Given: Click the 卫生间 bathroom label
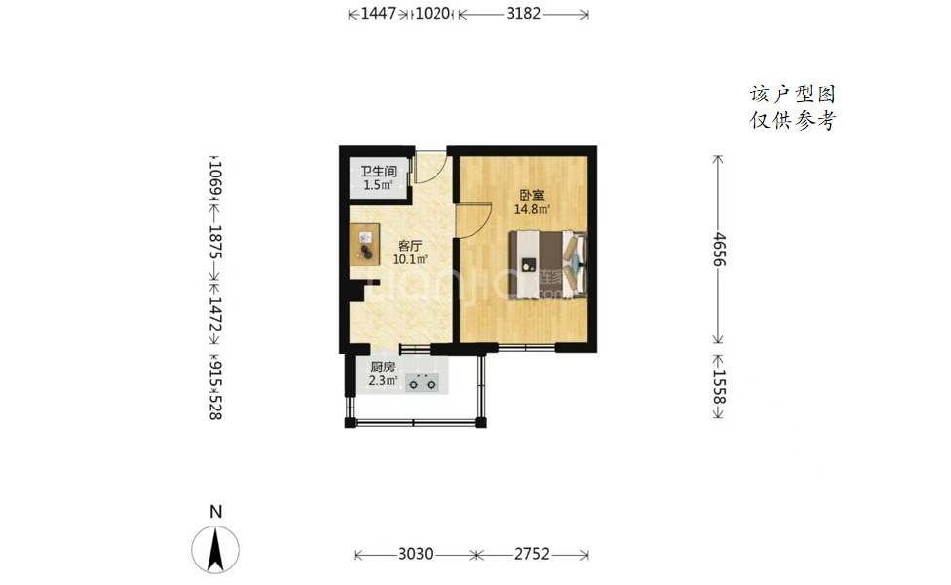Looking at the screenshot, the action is click(378, 172).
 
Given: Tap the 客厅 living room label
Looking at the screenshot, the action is click(409, 246).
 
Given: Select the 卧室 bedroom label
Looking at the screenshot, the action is click(532, 195).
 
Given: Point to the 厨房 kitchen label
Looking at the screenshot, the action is click(383, 368).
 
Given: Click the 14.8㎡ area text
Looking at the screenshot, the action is click(532, 210).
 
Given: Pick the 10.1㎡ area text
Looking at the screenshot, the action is click(409, 259).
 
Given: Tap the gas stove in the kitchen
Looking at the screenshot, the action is click(422, 382).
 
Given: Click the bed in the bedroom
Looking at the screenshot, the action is click(547, 264).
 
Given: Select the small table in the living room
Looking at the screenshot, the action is click(364, 245).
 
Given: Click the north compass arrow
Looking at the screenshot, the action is click(215, 550).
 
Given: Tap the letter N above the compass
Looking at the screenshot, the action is click(216, 512).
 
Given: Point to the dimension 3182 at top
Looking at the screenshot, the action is click(523, 14).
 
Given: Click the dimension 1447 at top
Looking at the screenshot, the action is click(378, 14).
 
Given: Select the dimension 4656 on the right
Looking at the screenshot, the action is click(719, 250).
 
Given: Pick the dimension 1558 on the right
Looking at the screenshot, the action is click(719, 386).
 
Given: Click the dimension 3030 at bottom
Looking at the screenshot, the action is click(415, 554).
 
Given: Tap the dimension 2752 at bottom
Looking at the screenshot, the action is click(532, 554).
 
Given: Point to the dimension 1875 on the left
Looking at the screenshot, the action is click(215, 242).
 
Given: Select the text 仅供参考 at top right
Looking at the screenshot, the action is click(793, 120).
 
